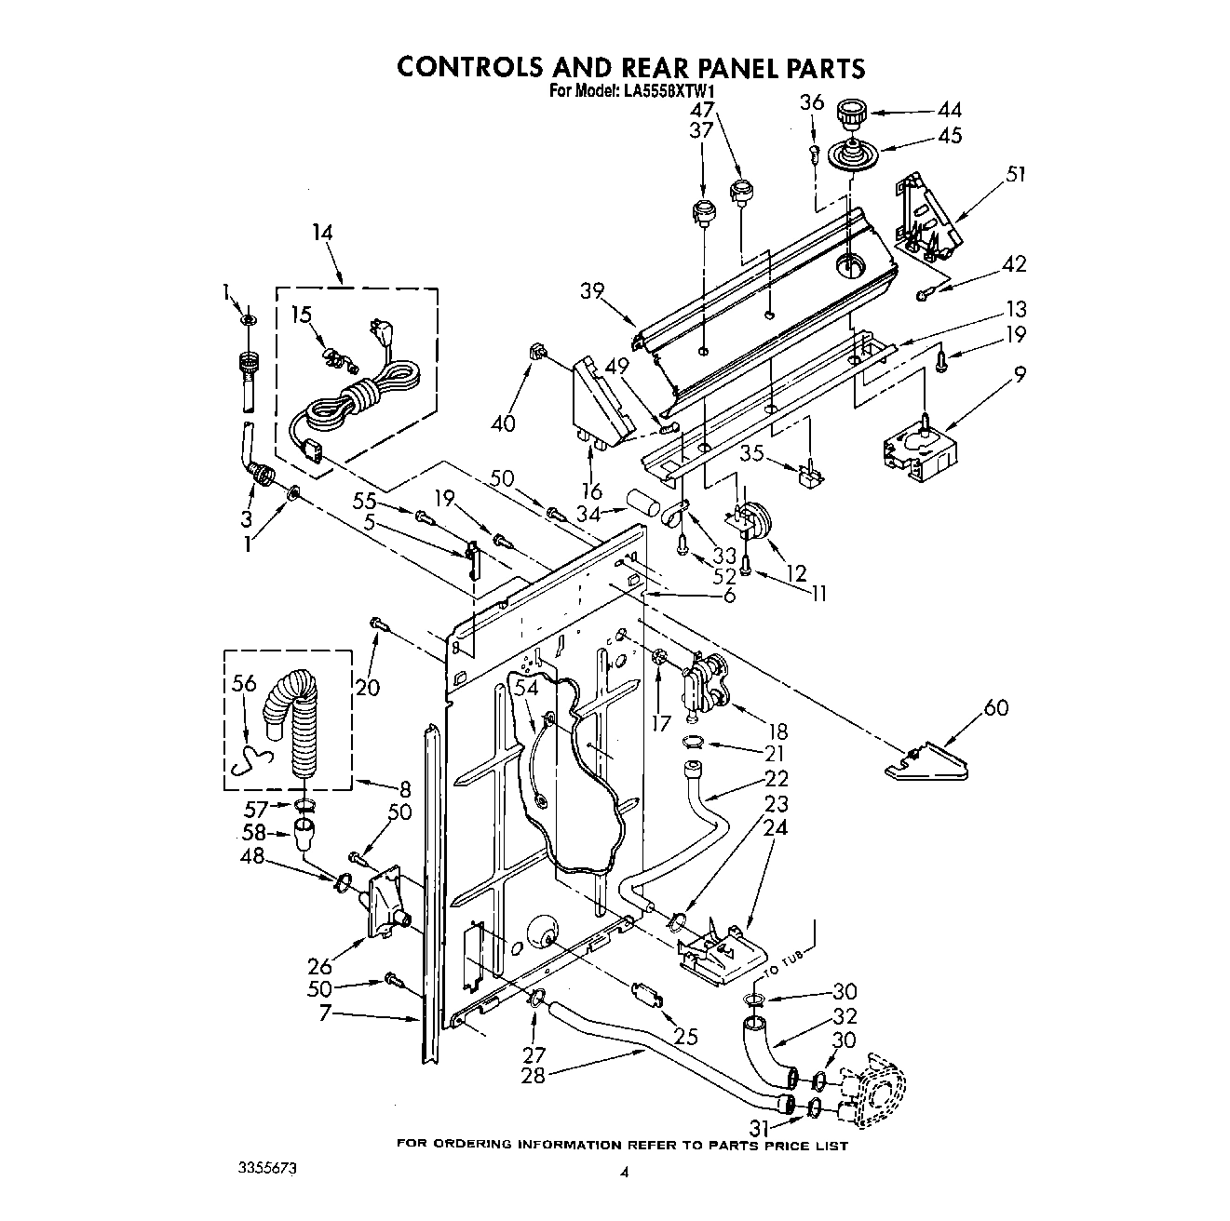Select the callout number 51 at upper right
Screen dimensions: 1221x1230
(x=1016, y=174)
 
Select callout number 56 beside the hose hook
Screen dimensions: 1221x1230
(x=244, y=684)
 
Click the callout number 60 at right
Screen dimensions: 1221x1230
(x=996, y=708)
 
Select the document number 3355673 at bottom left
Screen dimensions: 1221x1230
(x=270, y=1166)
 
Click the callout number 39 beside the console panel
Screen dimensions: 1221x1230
(x=593, y=290)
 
